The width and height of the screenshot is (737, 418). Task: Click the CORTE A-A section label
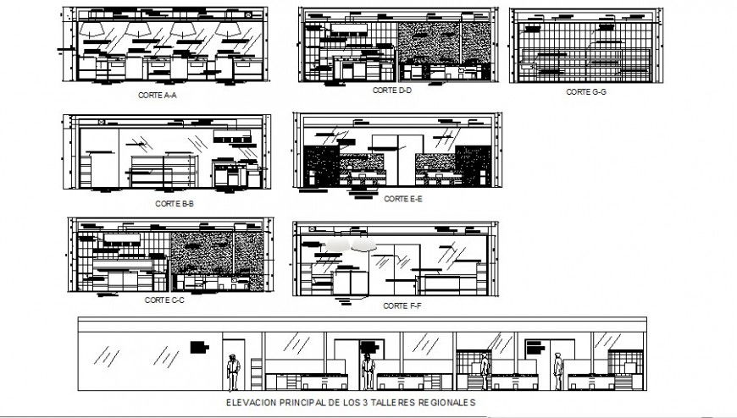(x=158, y=96)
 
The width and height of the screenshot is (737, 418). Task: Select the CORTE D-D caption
(x=391, y=90)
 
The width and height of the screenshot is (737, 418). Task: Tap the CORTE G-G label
(x=585, y=91)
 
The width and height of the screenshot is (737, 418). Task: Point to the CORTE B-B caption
(x=175, y=203)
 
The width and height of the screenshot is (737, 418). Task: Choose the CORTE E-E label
(x=402, y=200)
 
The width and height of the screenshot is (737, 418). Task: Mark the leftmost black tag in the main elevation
(x=200, y=346)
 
